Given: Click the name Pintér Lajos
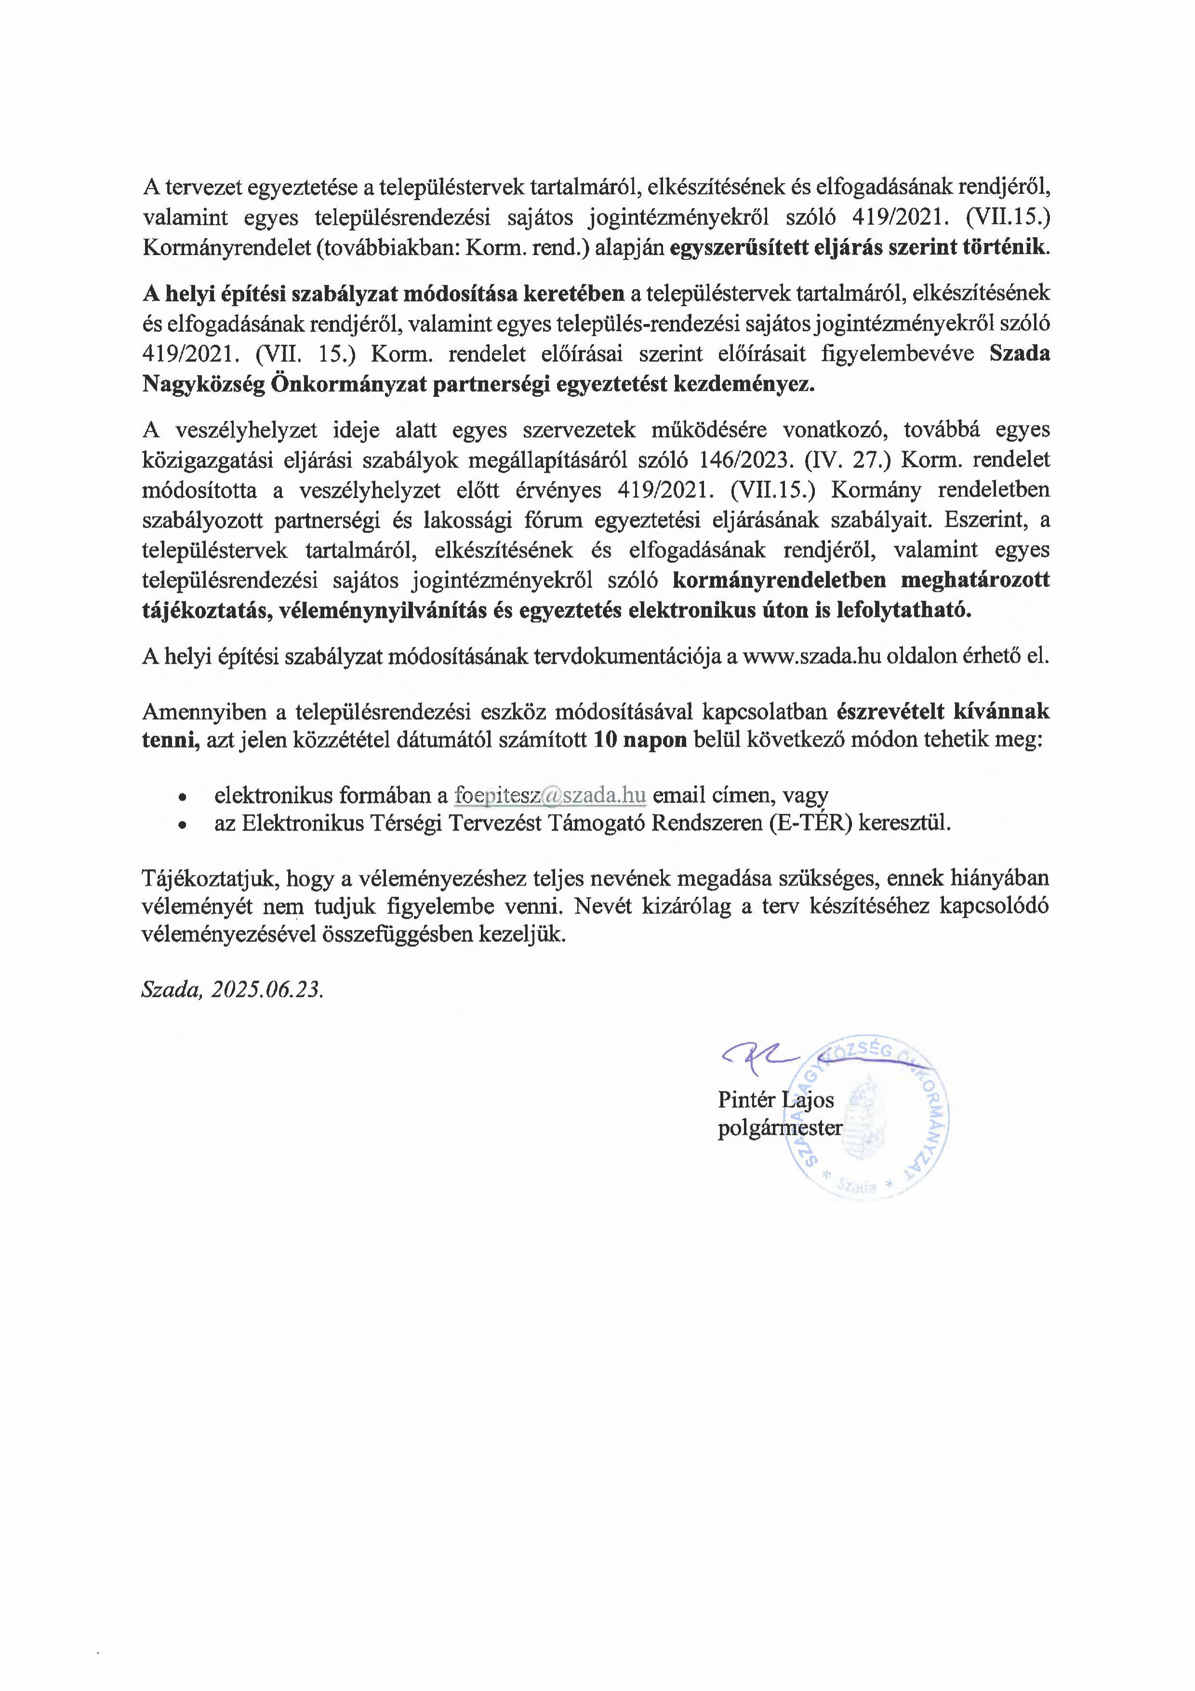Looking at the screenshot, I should pos(775,1100).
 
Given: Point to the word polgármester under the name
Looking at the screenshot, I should pos(780,1127).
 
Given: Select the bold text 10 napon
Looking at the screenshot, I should pos(640,739).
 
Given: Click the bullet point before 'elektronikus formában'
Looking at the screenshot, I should pos(181,797).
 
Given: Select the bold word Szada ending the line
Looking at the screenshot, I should pos(1019,353).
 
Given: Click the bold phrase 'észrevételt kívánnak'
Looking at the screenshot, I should pos(943,711).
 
